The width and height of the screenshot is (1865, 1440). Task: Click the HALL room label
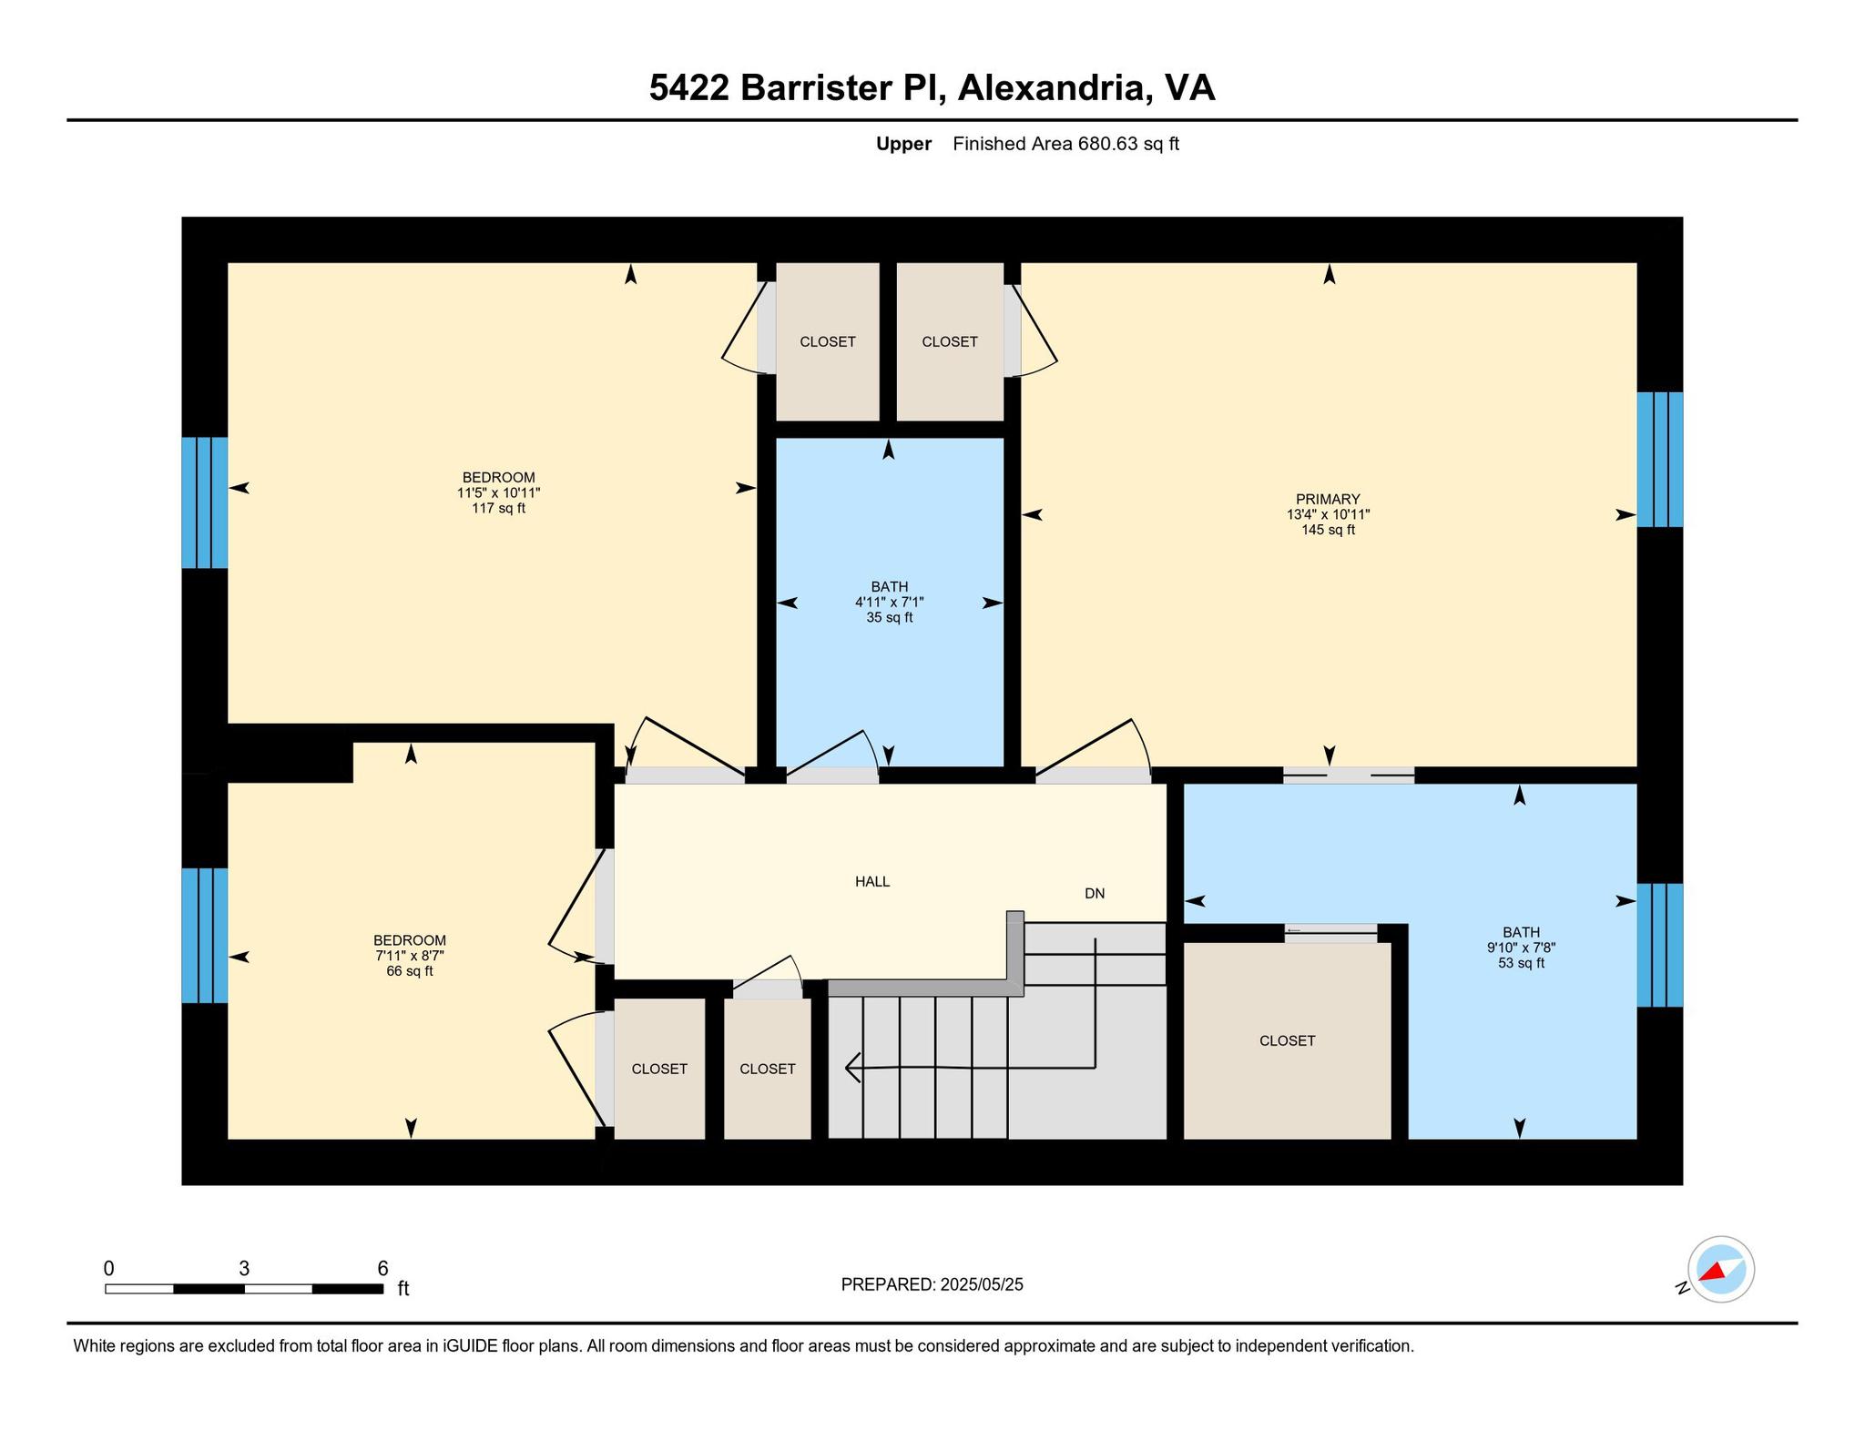(871, 881)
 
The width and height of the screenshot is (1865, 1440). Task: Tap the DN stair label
(1095, 894)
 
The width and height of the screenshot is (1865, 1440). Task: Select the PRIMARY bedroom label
(1328, 499)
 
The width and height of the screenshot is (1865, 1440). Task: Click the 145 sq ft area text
(1328, 530)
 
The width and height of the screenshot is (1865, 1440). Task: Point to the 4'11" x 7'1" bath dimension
(889, 602)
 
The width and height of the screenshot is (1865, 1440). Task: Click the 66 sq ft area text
(410, 971)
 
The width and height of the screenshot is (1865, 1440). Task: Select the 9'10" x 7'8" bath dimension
(1521, 948)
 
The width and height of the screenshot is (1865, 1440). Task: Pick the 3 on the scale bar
(244, 1268)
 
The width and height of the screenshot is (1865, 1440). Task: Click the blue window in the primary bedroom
(1659, 460)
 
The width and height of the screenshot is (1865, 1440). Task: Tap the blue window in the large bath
(1659, 945)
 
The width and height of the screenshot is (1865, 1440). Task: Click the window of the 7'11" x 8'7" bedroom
(205, 936)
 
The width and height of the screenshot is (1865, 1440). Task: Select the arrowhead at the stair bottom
(852, 1067)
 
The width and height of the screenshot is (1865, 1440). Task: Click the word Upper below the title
(903, 144)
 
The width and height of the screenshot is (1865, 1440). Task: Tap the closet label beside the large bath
(1287, 1040)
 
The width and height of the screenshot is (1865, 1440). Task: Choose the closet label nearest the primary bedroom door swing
(949, 341)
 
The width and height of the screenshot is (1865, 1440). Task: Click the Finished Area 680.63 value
(1108, 144)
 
